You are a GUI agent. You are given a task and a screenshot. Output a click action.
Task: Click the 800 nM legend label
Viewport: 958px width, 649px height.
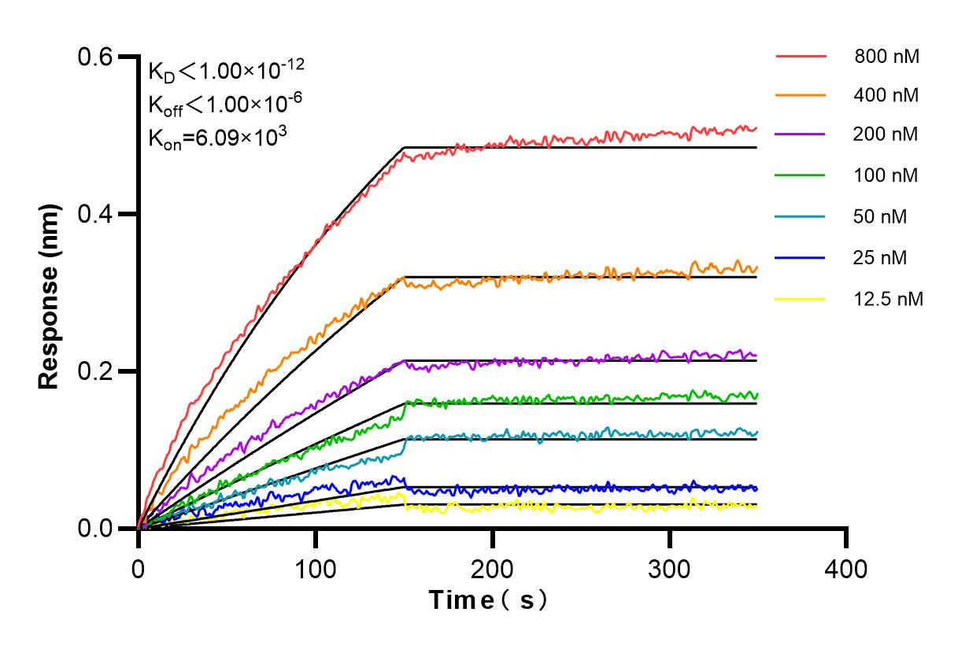(x=887, y=57)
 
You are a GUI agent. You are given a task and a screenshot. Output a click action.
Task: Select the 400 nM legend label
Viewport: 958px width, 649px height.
(x=886, y=95)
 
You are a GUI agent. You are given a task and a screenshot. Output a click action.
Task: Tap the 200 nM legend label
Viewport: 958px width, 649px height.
(x=886, y=135)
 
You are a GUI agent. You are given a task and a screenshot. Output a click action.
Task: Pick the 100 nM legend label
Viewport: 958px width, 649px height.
(x=886, y=175)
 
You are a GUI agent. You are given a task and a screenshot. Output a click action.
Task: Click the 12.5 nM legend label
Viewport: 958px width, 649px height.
(x=887, y=299)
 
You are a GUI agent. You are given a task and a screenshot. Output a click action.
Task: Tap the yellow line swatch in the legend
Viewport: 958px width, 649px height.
(x=801, y=299)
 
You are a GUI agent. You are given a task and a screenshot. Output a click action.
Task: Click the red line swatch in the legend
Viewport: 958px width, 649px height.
(x=801, y=57)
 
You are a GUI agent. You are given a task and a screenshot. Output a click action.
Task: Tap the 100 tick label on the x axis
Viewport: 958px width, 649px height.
(x=316, y=567)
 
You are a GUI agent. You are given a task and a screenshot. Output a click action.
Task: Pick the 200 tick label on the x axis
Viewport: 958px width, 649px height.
(x=493, y=567)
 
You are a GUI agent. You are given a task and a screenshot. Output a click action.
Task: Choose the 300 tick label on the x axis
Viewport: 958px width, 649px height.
(x=670, y=567)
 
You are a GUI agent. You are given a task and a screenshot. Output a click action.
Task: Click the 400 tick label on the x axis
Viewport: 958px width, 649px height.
(x=847, y=567)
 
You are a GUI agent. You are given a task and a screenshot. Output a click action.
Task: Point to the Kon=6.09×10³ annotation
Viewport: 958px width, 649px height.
(x=217, y=137)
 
